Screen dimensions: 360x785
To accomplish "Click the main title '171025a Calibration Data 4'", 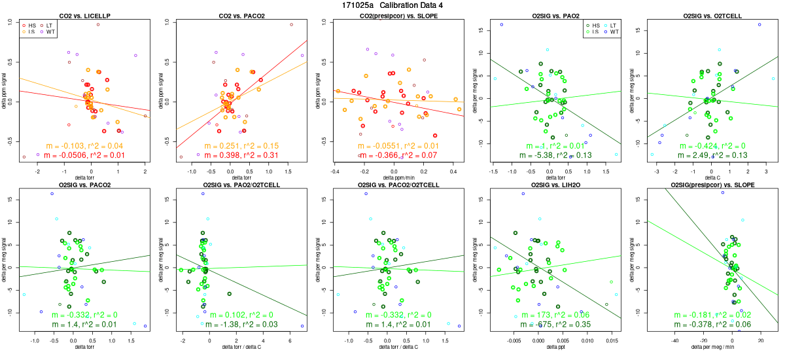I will point(392,5).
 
